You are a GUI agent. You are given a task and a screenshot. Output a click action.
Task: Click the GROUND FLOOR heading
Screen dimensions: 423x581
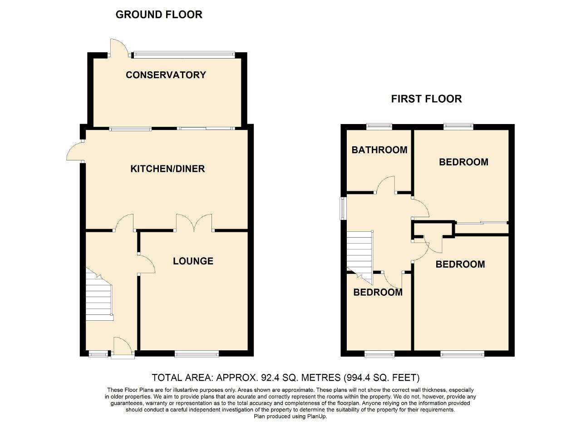click(x=159, y=15)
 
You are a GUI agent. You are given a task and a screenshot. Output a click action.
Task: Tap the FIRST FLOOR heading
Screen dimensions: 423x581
click(x=426, y=99)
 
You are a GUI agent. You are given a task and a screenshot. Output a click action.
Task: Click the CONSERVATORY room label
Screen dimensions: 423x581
click(x=166, y=75)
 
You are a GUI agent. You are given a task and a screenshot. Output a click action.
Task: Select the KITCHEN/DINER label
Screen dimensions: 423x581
click(x=167, y=169)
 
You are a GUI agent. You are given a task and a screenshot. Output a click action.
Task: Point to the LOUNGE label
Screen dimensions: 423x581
click(x=193, y=261)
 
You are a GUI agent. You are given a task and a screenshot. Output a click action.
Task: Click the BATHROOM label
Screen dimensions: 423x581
click(x=379, y=150)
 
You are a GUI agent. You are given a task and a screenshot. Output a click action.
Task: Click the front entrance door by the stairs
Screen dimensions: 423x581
click(x=123, y=348)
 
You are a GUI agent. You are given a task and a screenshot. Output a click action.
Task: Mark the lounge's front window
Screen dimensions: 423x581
click(x=197, y=353)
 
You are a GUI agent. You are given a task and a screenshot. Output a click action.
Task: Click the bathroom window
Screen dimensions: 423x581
click(x=379, y=127)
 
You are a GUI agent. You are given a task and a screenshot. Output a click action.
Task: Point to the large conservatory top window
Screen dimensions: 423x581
click(x=184, y=55)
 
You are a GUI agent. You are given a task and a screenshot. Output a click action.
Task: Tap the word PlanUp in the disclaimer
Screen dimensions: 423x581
click(x=317, y=416)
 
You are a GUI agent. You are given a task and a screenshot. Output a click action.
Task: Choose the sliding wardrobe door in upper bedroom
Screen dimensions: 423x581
click(x=482, y=223)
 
